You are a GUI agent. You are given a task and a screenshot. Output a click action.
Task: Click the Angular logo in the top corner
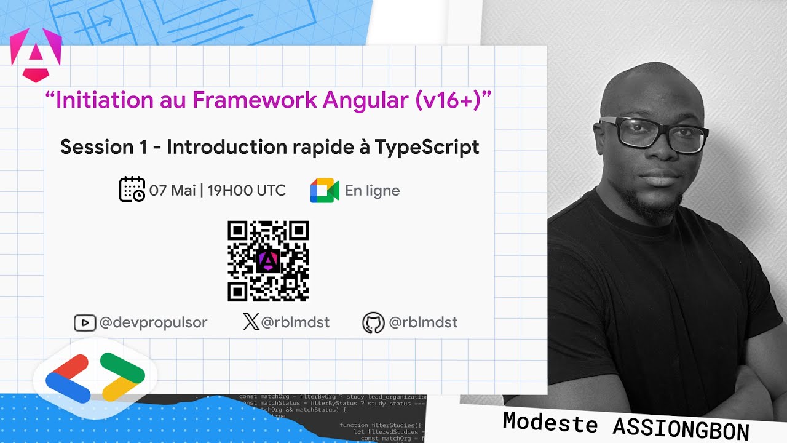click(36, 54)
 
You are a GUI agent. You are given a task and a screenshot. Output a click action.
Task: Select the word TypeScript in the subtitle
click(427, 147)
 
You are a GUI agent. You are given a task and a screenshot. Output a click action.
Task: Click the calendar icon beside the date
click(132, 190)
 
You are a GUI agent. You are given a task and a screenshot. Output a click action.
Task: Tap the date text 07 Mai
click(172, 190)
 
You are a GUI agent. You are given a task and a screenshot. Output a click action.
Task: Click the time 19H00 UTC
click(247, 190)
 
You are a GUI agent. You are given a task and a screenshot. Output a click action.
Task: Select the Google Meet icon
click(325, 191)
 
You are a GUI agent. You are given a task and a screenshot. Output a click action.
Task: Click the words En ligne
click(372, 191)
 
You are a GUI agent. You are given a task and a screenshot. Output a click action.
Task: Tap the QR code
click(268, 261)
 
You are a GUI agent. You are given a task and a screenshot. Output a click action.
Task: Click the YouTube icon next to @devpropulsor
click(84, 323)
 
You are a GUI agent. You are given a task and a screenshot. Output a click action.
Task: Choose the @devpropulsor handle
click(153, 323)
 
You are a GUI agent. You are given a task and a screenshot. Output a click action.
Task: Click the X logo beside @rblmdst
click(251, 322)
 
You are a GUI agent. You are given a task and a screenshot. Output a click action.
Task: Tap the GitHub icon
click(373, 323)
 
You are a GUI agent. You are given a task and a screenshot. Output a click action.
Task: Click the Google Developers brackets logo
click(95, 377)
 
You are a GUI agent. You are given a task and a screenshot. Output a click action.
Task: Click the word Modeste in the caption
click(550, 423)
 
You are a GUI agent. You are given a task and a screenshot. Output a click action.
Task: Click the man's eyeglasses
click(655, 132)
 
